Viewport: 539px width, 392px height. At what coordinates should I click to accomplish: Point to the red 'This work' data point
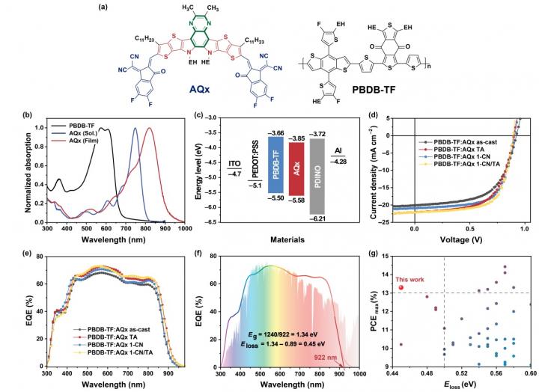click(401, 287)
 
